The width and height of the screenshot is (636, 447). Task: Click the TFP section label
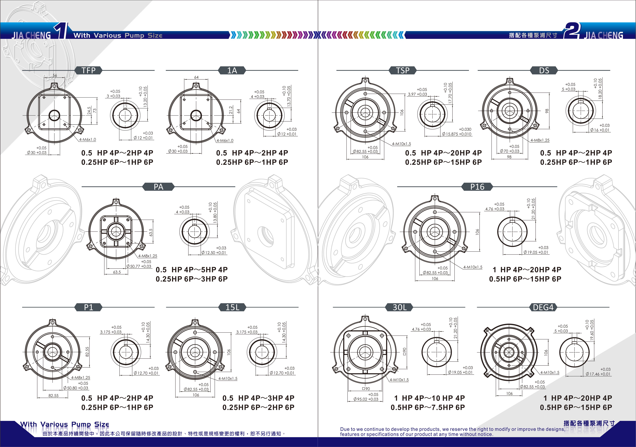(88, 71)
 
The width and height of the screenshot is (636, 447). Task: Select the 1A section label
(232, 71)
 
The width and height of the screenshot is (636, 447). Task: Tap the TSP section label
(403, 71)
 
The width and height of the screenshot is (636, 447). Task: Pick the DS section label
(544, 71)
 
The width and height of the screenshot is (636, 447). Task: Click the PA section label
(158, 187)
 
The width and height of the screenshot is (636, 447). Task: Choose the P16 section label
(477, 187)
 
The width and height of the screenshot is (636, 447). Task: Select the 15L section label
(232, 307)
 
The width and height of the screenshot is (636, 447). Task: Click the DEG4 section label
(543, 307)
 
